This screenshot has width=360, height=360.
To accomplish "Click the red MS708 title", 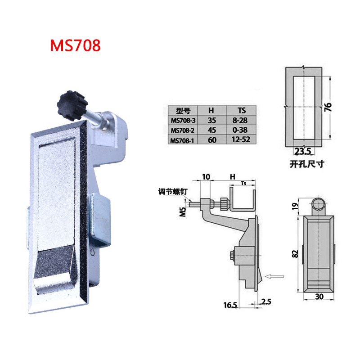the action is click(75, 45).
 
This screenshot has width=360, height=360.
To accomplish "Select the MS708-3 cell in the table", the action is click(183, 120).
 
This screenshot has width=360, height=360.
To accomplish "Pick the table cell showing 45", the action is click(212, 130).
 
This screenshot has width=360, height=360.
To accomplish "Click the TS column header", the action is click(242, 111).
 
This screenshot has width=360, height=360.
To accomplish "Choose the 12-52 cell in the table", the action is click(241, 139).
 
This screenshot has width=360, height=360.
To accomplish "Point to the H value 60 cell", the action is click(212, 139).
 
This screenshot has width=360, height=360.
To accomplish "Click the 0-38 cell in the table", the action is click(240, 130).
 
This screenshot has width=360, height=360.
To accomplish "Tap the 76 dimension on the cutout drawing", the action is click(328, 107).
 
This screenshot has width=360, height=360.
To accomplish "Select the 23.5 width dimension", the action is click(302, 152).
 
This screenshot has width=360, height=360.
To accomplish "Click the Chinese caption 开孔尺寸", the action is click(307, 164).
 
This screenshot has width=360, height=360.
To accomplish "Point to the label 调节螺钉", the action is click(173, 192).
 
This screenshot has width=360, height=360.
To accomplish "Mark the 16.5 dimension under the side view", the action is click(230, 305).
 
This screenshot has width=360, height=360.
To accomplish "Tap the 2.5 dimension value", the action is click(266, 301).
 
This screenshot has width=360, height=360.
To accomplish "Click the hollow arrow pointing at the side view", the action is click(274, 277).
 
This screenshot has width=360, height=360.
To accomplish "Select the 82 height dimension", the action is click(296, 254).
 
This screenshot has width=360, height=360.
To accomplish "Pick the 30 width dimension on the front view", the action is click(319, 297).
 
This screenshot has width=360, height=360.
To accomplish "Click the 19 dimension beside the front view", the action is click(296, 207).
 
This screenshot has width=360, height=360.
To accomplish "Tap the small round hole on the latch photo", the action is click(92, 253).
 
